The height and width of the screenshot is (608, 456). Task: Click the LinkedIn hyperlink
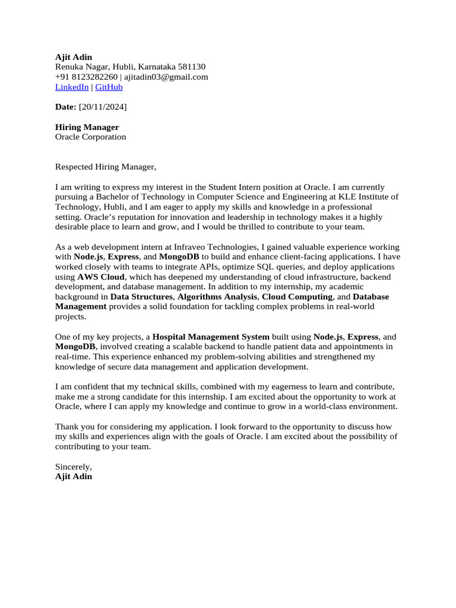[x=72, y=87]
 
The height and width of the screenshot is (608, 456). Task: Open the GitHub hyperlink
[x=109, y=87]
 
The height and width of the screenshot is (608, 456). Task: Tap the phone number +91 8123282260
[x=86, y=77]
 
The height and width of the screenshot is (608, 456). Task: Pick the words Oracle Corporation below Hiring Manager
[x=90, y=137]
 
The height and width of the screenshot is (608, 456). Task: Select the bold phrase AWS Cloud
[x=101, y=277]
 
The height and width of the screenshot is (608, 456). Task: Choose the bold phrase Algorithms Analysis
[x=217, y=297]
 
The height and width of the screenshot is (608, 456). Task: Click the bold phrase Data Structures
[x=141, y=297]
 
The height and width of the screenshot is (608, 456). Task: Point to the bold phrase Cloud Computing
[x=297, y=297]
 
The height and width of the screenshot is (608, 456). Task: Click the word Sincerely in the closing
[x=74, y=467]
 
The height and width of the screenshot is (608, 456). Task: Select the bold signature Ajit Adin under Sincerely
[x=74, y=476]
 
